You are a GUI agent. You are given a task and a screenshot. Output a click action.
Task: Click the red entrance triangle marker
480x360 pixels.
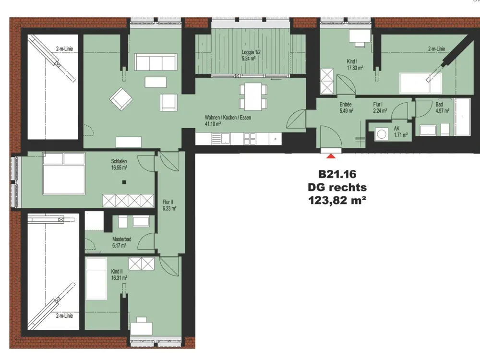[x=331, y=156]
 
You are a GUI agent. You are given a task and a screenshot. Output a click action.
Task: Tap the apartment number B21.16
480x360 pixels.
[x=337, y=174]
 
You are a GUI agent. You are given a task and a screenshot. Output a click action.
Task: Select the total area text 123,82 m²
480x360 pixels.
[x=337, y=200]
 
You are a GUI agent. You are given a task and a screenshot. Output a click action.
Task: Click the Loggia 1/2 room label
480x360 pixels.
[x=251, y=52]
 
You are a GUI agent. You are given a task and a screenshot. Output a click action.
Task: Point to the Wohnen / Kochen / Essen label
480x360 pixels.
[x=228, y=118]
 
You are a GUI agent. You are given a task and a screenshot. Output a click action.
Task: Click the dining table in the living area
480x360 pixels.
[x=253, y=97]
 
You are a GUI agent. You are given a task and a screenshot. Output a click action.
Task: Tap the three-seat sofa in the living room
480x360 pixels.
[x=156, y=62]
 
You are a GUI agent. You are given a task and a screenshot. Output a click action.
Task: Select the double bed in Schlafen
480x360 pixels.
[x=64, y=174]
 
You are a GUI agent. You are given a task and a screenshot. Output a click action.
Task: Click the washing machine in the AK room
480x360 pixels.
[x=382, y=134]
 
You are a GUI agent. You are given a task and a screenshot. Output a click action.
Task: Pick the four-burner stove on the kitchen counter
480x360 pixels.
[x=250, y=139]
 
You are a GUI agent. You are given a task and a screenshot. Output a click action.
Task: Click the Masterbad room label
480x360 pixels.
[x=121, y=239]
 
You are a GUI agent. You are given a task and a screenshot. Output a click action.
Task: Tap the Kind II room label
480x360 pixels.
[x=117, y=272]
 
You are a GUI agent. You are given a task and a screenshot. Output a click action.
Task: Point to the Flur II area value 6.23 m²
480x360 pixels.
[x=169, y=209]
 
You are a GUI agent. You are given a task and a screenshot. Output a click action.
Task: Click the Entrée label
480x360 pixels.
[x=346, y=104]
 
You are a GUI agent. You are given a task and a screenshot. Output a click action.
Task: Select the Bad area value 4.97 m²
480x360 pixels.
[x=443, y=111]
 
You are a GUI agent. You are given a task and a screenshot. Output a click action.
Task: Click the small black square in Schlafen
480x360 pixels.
[x=124, y=182]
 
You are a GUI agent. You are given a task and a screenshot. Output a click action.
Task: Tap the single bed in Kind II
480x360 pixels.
[x=96, y=279]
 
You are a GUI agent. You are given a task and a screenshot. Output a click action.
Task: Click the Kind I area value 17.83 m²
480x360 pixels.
[x=355, y=68]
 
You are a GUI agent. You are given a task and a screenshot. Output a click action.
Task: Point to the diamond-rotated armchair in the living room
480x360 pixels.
[x=121, y=99]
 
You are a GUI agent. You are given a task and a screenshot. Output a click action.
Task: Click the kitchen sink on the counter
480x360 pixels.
[x=221, y=139]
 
